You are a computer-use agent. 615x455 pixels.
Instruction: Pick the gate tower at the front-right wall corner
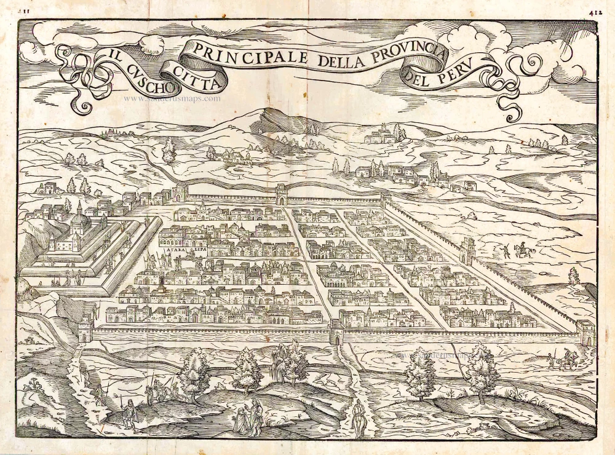click(x=587, y=332)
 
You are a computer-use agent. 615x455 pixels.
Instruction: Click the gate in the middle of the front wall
click(x=336, y=332)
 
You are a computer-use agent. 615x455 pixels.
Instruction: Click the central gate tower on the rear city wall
click(x=282, y=194)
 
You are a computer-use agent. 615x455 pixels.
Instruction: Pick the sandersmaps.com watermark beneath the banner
click(x=172, y=98)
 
